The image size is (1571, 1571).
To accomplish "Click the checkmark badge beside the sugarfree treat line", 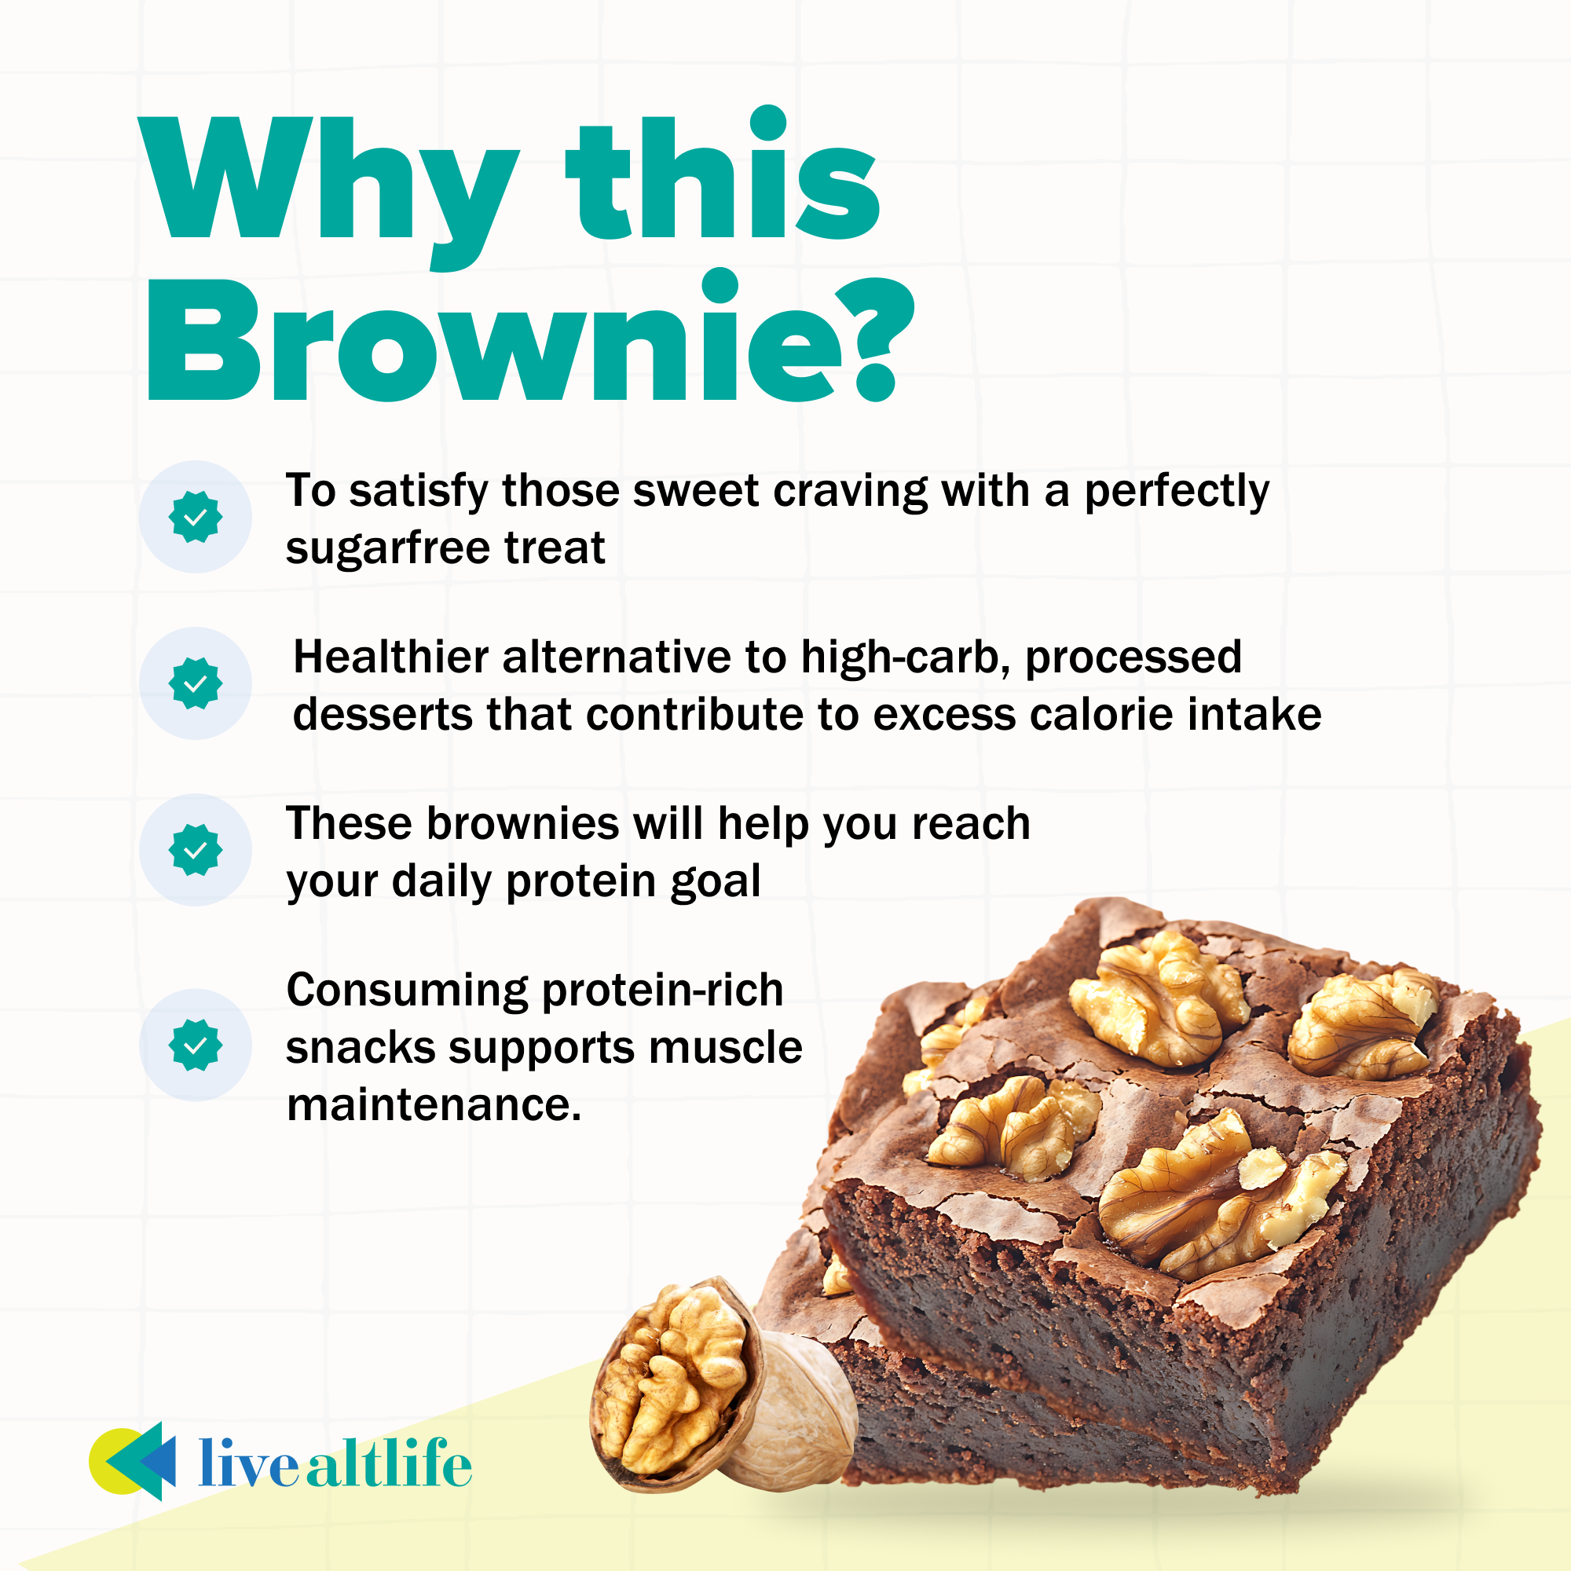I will [195, 516].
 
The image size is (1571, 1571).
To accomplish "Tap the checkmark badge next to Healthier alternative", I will [195, 683].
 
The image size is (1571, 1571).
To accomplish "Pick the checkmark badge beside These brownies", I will [195, 850].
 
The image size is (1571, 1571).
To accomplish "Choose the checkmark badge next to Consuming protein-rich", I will [195, 1045].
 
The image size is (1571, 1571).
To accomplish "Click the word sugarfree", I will [387, 549].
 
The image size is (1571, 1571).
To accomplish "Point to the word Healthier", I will [390, 657].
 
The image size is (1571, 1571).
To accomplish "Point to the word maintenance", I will [434, 1105].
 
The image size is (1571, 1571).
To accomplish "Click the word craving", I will [850, 493].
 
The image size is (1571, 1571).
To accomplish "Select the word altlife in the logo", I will [389, 1463].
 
